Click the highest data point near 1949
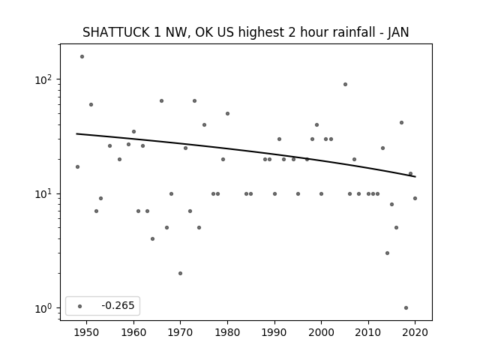pos(82,57)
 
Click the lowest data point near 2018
pos(406,308)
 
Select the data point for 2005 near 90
pos(345,85)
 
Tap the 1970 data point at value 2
pos(180,273)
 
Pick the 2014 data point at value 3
pos(387,253)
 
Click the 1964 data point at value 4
pos(152,238)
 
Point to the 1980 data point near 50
pos(227,113)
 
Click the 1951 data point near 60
pos(91,105)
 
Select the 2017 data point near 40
pos(402,123)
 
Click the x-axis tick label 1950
pos(87,333)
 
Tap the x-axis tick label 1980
pos(227,333)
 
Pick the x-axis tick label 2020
pos(415,333)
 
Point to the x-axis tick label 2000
pos(321,333)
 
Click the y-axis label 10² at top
pos(43,80)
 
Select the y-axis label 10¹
pos(43,194)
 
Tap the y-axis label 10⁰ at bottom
pos(43,308)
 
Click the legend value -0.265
pos(118,305)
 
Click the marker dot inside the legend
pos(80,306)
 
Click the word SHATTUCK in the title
pos(116,32)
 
